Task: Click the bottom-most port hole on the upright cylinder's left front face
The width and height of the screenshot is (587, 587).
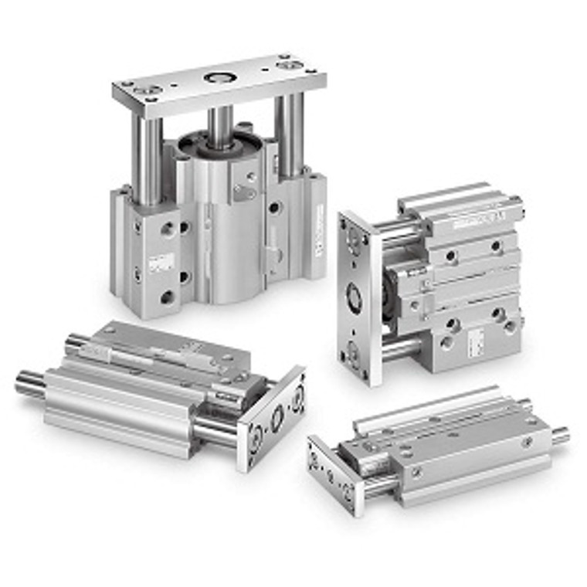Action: [167, 297]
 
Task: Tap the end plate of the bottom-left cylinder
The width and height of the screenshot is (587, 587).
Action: [274, 417]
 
